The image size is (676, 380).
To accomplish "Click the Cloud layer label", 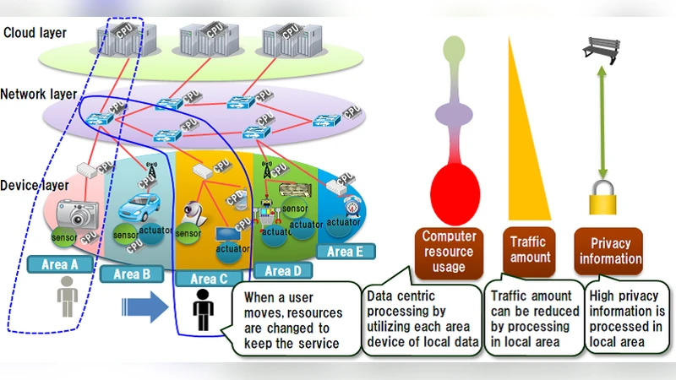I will [34, 33].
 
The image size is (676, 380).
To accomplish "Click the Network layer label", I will [39, 94].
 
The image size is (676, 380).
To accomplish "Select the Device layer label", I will [35, 185].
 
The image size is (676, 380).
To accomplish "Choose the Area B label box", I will [130, 274].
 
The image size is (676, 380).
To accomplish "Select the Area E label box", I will [344, 251].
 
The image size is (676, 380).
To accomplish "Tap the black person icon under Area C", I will [201, 310].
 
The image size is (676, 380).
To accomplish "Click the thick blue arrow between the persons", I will [139, 305].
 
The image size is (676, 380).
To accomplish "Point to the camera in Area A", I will [79, 213].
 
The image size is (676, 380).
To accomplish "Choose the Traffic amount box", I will [529, 251].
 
